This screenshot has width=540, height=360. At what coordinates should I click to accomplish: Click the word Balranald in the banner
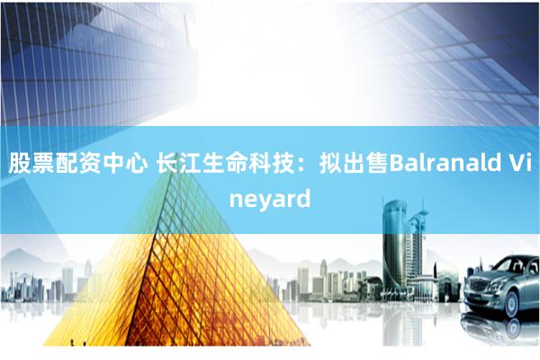(x=445, y=163)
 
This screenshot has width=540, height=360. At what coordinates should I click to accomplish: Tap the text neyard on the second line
(x=270, y=200)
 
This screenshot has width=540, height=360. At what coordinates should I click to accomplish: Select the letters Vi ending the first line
(x=519, y=163)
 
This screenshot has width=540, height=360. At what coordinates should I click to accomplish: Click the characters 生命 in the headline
(x=225, y=163)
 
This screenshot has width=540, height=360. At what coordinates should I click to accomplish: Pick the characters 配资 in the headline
(x=78, y=163)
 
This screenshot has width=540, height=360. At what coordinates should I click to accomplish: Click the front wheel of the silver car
(x=512, y=304)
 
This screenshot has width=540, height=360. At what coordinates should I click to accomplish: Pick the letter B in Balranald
(x=396, y=163)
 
